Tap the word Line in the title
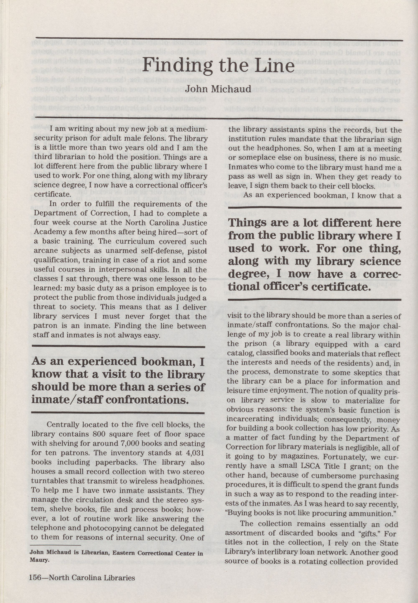click(x=275, y=65)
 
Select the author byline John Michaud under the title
click(x=218, y=89)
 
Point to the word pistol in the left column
click(x=198, y=251)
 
